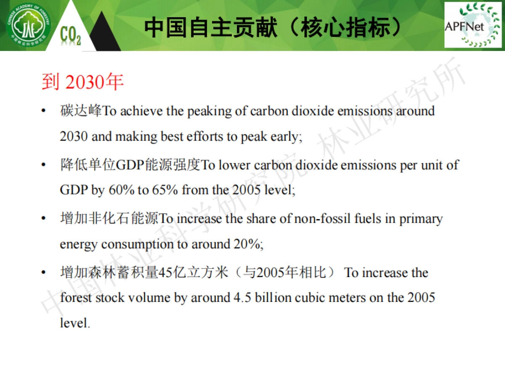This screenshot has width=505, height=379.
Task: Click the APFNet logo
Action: pos(473,25)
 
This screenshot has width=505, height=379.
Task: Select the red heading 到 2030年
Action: pos(82,83)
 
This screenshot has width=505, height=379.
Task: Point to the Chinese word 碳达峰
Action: pos(81,111)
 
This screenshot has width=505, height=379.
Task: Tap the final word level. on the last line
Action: pos(75,323)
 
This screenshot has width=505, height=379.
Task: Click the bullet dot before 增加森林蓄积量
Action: pos(43,273)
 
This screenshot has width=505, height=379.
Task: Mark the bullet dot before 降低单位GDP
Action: pos(43,165)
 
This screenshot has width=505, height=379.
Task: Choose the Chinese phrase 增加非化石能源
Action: pos(109,219)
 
